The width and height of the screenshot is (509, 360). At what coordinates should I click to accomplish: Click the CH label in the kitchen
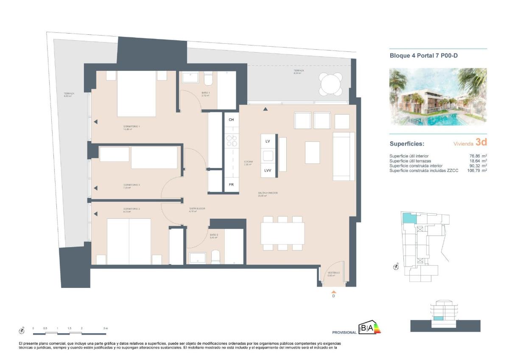point(231,120)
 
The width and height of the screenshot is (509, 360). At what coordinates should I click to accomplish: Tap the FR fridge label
point(231,185)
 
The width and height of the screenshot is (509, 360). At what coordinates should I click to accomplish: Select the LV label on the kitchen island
point(268,141)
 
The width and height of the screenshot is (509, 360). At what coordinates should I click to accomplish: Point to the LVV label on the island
point(268,170)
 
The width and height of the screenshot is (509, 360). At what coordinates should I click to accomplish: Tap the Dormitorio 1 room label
point(131,127)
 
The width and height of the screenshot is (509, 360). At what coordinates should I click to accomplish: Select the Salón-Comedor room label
point(268,193)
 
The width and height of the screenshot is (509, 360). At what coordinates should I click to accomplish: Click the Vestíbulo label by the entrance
point(334,273)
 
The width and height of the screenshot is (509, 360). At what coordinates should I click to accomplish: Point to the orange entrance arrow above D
point(334,292)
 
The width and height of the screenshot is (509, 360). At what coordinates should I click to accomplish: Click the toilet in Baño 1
point(208,80)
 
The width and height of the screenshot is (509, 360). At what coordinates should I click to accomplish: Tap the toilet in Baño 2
point(215,256)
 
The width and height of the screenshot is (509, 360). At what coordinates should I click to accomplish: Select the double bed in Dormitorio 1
point(136,93)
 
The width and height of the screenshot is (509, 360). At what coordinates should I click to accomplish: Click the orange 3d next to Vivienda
point(481,142)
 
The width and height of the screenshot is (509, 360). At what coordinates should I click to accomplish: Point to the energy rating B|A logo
point(369,328)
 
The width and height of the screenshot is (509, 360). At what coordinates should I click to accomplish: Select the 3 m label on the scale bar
point(106,329)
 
